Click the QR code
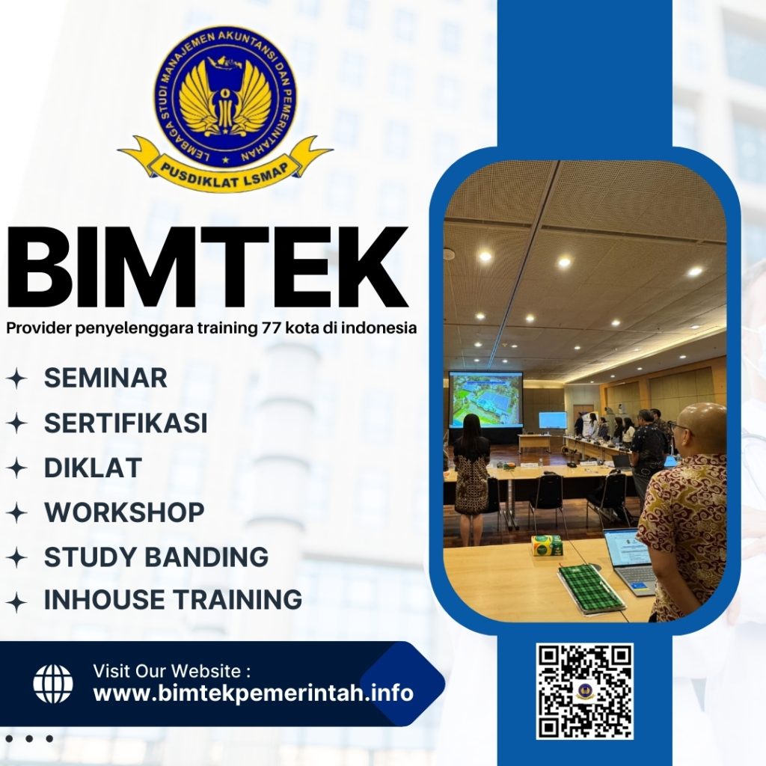click(x=584, y=691)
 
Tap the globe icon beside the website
click(x=53, y=684)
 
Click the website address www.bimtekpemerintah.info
click(x=253, y=693)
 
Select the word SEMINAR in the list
click(x=105, y=378)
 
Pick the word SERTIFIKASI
click(x=126, y=423)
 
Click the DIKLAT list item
click(x=93, y=468)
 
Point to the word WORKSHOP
click(x=124, y=513)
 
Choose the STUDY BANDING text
click(x=156, y=557)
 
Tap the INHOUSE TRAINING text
click(x=173, y=600)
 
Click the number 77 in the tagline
click(x=268, y=328)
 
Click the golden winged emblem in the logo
click(x=224, y=97)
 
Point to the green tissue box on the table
click(x=547, y=545)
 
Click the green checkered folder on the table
click(x=590, y=588)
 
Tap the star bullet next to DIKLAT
click(x=16, y=469)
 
